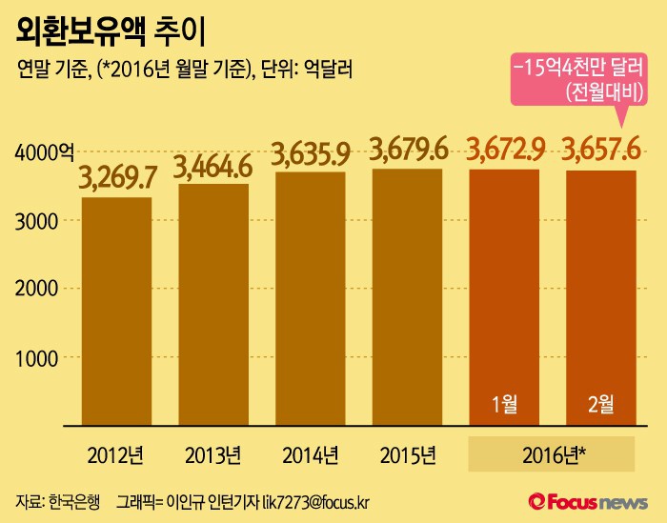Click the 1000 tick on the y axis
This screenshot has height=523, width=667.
pos(37,357)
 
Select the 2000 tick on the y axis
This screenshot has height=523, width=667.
pos(37,289)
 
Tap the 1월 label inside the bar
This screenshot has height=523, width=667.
pos(505,404)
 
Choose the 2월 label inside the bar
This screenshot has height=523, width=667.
pos(601,404)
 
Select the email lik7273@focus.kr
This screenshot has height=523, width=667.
pos(319,500)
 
